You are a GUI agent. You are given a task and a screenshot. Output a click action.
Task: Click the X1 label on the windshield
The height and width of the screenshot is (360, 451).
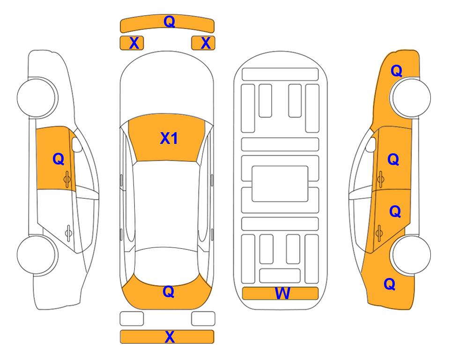point(169,138)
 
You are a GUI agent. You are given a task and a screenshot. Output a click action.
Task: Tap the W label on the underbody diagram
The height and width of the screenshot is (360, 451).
point(282,293)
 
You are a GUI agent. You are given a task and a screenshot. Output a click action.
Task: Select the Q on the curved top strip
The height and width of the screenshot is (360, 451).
point(169,21)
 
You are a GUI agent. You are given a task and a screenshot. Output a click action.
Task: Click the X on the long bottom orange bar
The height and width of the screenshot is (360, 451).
point(170,337)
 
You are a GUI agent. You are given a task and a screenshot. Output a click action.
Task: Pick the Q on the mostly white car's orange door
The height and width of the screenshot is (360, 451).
point(59,159)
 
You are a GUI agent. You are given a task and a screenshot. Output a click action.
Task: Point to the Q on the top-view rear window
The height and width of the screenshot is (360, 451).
point(168,292)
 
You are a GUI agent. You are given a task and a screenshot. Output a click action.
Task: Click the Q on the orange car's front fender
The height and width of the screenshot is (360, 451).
point(396,71)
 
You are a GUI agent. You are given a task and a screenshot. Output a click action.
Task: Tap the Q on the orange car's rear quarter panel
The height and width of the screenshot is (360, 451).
point(390,284)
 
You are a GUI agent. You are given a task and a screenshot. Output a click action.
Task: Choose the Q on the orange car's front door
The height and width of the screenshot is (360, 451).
point(393,159)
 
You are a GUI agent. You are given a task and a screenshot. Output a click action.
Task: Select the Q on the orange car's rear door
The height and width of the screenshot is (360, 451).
point(395,211)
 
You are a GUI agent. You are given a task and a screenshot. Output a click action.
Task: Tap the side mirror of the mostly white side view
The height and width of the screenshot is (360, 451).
point(76,144)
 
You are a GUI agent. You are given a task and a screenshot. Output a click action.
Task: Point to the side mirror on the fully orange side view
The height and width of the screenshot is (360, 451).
point(371,144)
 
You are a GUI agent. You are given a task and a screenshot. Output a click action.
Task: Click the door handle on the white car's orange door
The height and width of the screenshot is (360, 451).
point(67,179)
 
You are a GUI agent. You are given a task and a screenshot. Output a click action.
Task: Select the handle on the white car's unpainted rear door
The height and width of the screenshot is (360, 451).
point(68,232)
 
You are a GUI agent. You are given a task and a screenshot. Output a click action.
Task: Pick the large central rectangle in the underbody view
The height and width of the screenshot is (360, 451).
point(280,184)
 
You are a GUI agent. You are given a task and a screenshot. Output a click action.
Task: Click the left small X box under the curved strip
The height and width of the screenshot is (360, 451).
point(132,43)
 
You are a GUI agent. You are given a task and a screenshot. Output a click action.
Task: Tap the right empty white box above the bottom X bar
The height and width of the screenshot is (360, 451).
point(203,319)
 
